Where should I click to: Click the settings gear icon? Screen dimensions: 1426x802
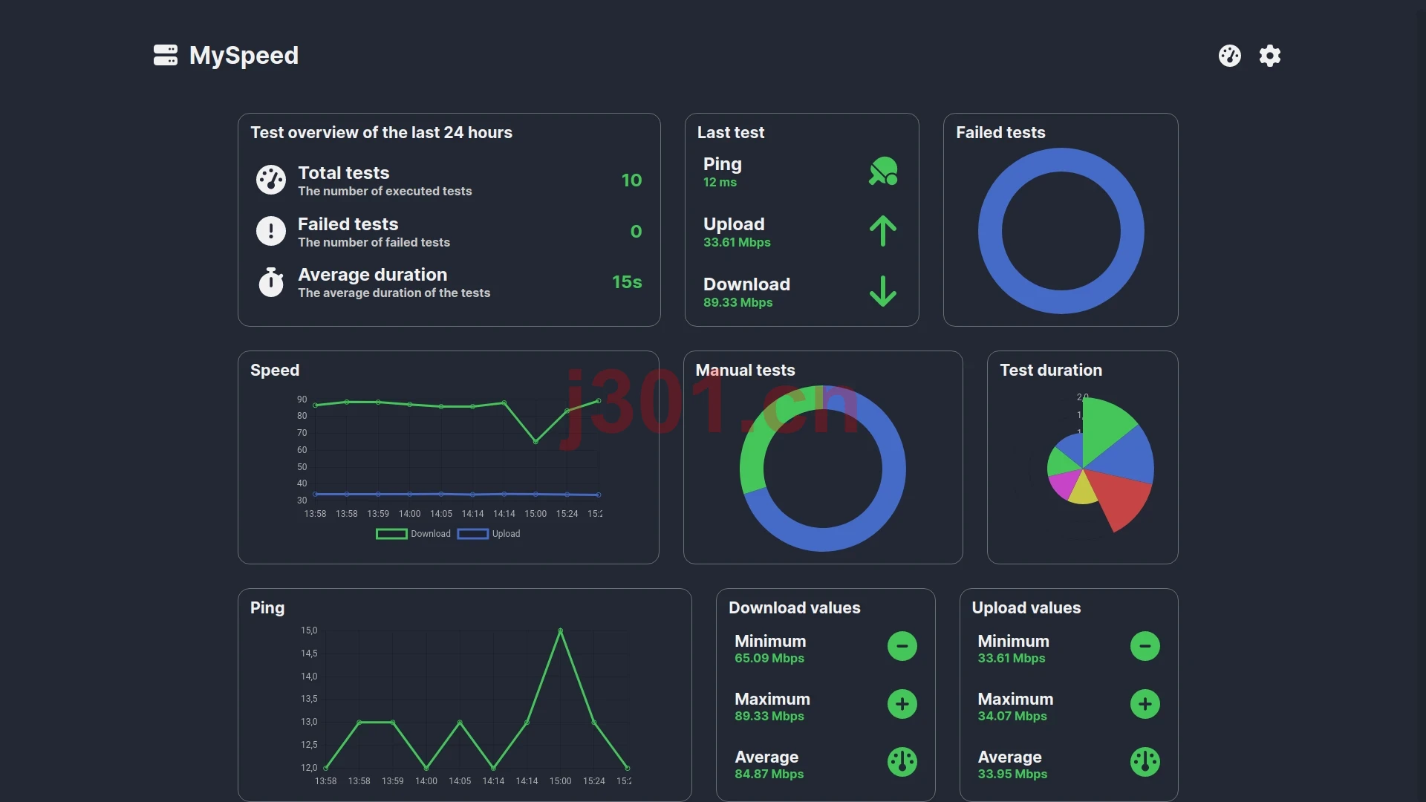tap(1270, 56)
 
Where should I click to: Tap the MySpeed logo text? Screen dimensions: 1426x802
tap(244, 56)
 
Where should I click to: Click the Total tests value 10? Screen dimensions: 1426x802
tap(631, 180)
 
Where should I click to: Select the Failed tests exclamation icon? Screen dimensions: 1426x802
tap(271, 231)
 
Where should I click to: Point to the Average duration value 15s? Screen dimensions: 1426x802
tap(627, 282)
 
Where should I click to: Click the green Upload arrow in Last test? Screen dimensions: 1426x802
tap(883, 231)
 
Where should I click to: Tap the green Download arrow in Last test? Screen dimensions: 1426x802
tap(883, 291)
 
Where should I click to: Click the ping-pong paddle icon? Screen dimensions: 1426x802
tap(883, 171)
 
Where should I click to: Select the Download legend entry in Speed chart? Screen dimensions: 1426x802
tap(414, 534)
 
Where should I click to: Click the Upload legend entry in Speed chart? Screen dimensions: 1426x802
tap(489, 534)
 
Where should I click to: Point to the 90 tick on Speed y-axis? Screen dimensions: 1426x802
tap(302, 400)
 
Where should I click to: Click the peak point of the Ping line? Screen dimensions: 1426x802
tap(560, 630)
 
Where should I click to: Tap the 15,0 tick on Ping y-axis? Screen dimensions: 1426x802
tap(309, 630)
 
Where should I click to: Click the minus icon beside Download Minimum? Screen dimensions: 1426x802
tap(902, 646)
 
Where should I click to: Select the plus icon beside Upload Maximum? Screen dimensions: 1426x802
tap(1145, 704)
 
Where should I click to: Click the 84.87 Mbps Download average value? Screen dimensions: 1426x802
tap(769, 775)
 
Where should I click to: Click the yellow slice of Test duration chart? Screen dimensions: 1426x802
tap(1083, 490)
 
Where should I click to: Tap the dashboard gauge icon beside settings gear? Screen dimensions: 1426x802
tap(1230, 56)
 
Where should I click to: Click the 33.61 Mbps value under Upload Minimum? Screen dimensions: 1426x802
tap(1012, 659)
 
